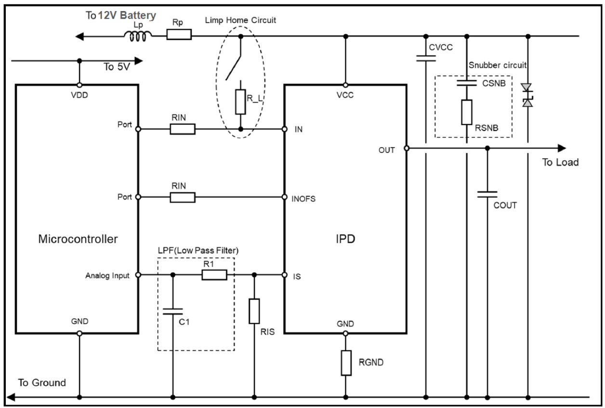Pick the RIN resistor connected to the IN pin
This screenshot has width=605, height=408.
coord(183,129)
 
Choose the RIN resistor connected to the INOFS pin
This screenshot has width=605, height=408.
coord(183,197)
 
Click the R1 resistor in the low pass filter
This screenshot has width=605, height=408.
coord(214,275)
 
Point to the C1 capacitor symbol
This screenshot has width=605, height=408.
coord(173,312)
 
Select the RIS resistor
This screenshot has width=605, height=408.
coord(254,311)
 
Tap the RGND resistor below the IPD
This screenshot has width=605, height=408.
coord(346,362)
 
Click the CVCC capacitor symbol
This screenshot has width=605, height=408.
coord(426,58)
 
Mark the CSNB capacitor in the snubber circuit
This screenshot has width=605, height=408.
coord(466,83)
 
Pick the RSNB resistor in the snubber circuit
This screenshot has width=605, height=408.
coord(466,113)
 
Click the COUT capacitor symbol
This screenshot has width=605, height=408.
coord(487,194)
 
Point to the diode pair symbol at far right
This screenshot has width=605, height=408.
coord(528,95)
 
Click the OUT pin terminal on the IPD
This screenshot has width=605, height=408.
coord(407,149)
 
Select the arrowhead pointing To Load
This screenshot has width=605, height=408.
coord(562,148)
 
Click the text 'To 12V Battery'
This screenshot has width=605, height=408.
coord(120,16)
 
